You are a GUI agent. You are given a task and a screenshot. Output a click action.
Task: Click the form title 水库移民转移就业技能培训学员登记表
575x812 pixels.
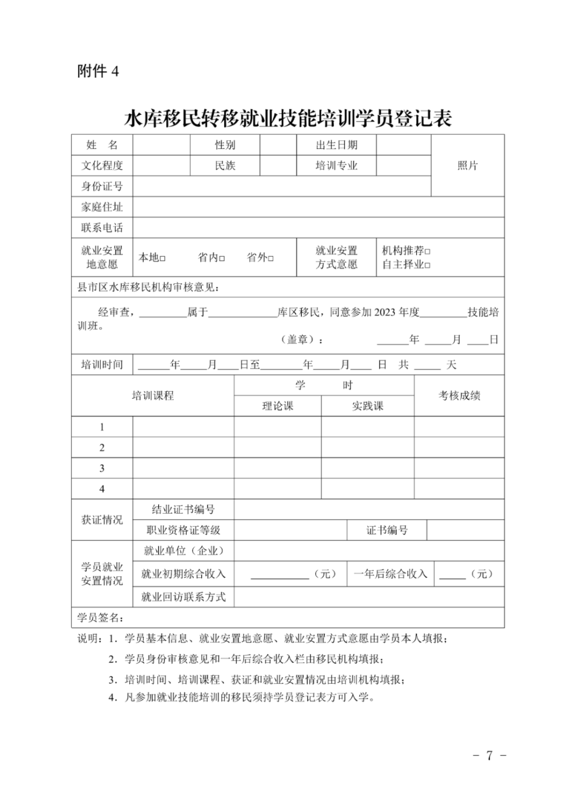point(288,118)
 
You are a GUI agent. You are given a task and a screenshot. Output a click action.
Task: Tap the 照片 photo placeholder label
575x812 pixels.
point(467,166)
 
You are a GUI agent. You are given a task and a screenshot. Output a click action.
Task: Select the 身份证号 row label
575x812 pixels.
point(102,186)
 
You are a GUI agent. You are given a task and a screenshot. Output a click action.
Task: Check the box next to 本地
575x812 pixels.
point(163,259)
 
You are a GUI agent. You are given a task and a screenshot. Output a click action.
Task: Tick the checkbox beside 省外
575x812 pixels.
point(271,259)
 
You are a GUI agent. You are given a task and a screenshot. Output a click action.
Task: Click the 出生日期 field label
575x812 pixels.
point(336,145)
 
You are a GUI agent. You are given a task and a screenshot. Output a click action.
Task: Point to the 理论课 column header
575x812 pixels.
point(278,406)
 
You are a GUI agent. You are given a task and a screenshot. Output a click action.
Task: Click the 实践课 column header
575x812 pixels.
point(367,406)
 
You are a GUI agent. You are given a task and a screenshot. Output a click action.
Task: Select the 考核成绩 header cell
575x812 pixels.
point(459,395)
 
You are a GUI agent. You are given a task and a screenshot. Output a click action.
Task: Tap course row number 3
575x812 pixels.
point(102,468)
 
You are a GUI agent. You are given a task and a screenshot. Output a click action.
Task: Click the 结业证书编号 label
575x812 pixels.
point(183,509)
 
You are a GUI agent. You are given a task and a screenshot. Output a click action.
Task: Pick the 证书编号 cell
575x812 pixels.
point(387,530)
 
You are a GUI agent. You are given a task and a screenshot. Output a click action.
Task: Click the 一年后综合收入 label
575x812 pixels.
point(390,574)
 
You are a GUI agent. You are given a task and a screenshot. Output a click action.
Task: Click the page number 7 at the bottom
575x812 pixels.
point(489,756)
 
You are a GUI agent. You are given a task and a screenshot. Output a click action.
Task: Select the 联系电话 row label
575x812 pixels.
point(102,228)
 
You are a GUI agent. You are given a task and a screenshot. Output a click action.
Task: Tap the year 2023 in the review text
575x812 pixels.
point(385,313)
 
